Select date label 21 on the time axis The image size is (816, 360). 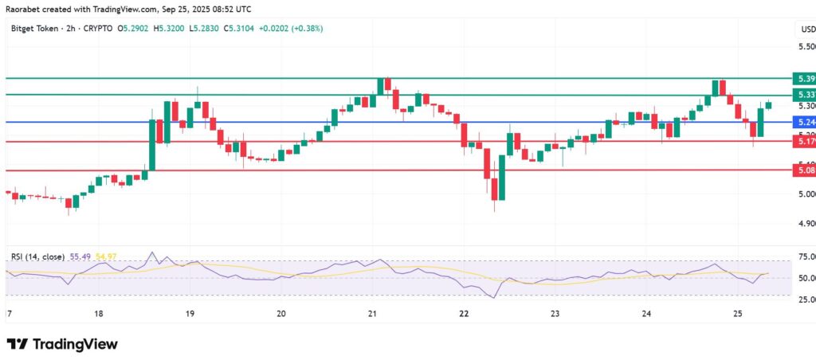click(373, 315)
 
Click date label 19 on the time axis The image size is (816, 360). click(190, 315)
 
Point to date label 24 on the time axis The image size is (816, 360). click(646, 315)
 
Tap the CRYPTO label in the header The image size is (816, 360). click(96, 29)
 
